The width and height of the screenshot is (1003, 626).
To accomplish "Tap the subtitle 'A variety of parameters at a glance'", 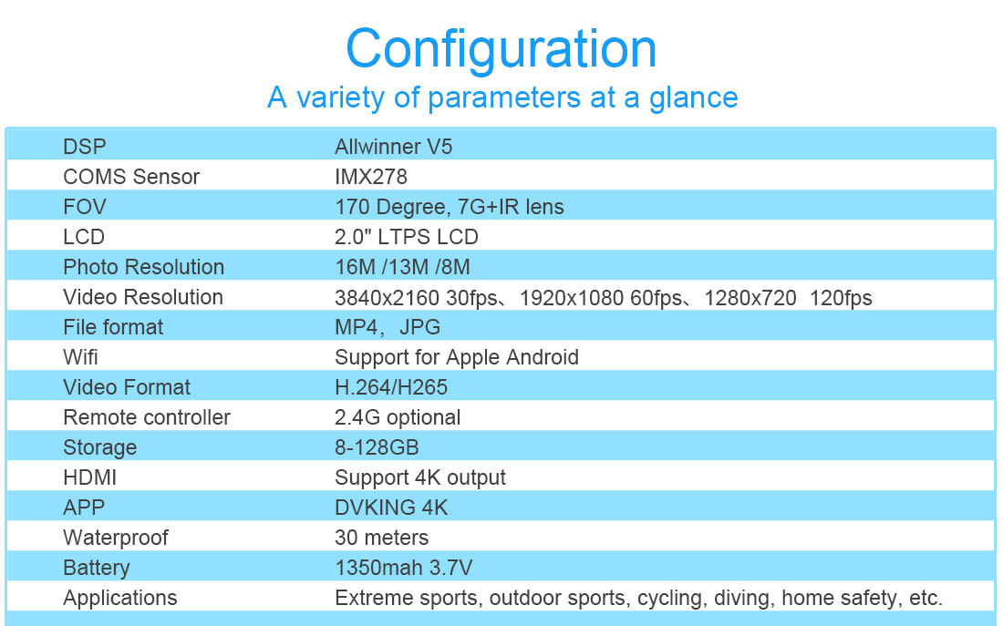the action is click(502, 97).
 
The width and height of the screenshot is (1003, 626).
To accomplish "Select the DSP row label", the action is click(85, 147).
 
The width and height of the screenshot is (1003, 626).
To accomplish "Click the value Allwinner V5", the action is click(393, 147).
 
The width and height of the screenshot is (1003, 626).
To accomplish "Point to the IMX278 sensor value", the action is click(371, 177).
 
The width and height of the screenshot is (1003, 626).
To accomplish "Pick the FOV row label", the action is click(85, 207).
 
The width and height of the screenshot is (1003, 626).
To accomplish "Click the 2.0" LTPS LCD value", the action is click(406, 237).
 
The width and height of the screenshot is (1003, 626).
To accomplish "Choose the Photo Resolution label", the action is click(143, 267).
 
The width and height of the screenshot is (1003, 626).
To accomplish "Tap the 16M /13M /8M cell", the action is click(402, 267).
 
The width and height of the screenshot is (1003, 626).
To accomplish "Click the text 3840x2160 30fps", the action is click(417, 298).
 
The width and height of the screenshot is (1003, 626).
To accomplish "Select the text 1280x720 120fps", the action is click(788, 298).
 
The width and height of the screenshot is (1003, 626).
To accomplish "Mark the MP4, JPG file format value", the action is click(388, 327).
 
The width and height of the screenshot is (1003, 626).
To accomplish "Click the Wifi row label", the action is click(80, 357).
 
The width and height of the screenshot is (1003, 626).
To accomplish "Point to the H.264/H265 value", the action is click(391, 387).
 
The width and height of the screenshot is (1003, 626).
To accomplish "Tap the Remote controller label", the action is click(147, 417).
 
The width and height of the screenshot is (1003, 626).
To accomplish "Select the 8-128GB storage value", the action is click(377, 447).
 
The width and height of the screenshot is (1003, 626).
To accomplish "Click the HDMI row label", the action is click(89, 477).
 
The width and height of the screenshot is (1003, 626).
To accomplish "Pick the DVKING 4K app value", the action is click(391, 507).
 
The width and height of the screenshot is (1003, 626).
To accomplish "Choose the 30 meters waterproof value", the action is click(381, 537).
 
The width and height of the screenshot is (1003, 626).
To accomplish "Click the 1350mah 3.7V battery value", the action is click(404, 567).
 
